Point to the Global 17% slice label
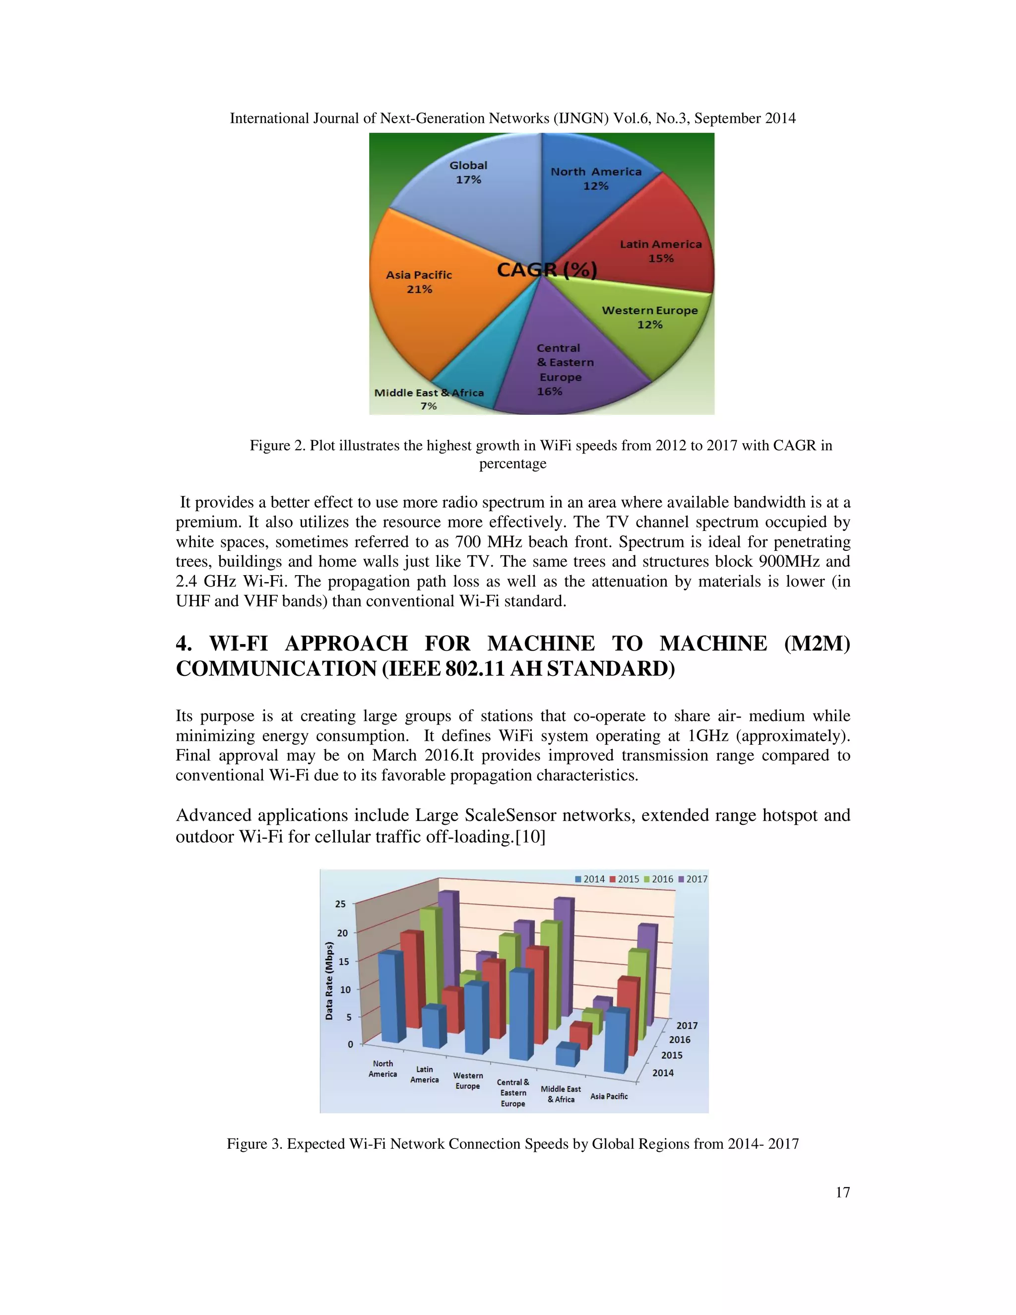tap(468, 172)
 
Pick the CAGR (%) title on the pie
tap(547, 270)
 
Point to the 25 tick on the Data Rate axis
tap(341, 904)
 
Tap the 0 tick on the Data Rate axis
tap(350, 1044)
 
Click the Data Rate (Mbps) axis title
tap(329, 981)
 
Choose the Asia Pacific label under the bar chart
tap(609, 1097)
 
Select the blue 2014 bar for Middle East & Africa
tap(567, 1055)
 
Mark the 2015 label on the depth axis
tap(672, 1055)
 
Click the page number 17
tap(842, 1192)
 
